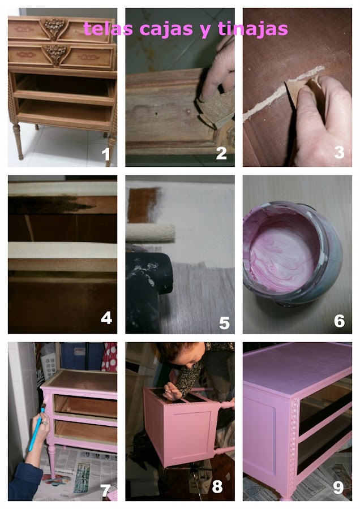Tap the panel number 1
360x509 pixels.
[106, 154]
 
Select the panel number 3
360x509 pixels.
[339, 152]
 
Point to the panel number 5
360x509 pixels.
[224, 323]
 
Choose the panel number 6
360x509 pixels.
[339, 321]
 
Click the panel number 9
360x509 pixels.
[338, 487]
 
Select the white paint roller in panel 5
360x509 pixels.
[151, 232]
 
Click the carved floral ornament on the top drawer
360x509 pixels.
[54, 27]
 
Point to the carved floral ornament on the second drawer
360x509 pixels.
[56, 54]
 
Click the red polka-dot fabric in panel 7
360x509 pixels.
[109, 357]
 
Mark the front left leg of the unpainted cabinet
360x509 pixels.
[18, 141]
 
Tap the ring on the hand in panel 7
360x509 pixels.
[45, 423]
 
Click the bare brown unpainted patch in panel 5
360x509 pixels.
[142, 205]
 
